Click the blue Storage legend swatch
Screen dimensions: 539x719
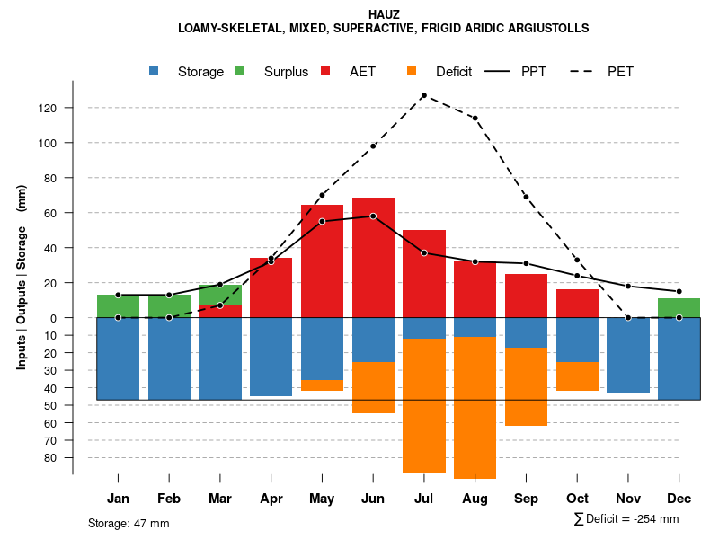pos(155,71)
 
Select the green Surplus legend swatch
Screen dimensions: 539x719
pos(240,71)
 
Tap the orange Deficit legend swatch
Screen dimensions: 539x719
pos(412,71)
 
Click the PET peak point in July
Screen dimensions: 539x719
pos(423,95)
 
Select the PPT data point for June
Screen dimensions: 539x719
pos(373,216)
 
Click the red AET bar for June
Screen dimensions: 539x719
pos(373,261)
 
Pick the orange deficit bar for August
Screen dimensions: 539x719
pos(475,409)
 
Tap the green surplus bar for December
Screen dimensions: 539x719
pos(679,307)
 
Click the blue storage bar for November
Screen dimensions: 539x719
pos(628,356)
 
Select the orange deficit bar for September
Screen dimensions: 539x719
pos(526,386)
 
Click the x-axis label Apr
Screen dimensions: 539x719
pos(271,499)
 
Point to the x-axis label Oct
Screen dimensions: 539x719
pos(577,499)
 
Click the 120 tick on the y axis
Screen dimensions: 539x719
pos(72,108)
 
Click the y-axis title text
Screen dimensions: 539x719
pos(22,277)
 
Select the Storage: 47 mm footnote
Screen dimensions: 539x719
pos(129,523)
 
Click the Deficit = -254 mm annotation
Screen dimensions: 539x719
pos(626,519)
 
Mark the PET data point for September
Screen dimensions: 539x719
pos(526,197)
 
